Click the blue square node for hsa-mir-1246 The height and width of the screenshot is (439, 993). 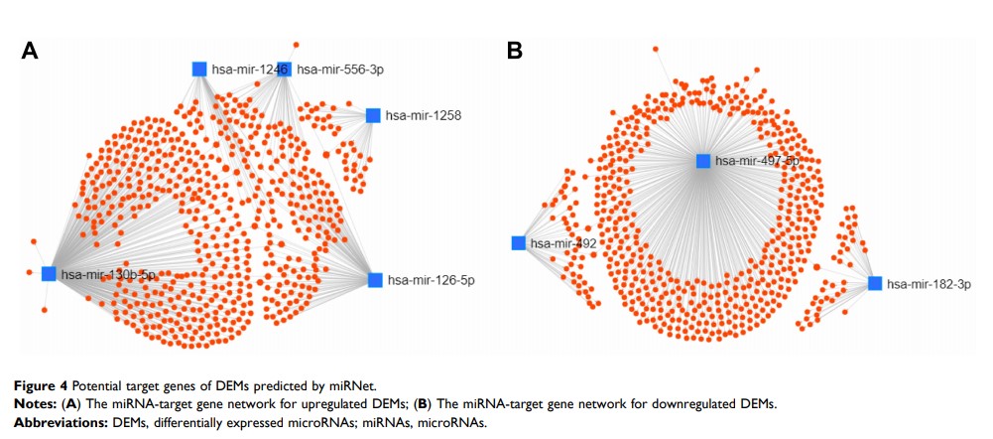[x=199, y=69]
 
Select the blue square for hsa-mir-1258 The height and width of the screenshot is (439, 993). [x=373, y=115]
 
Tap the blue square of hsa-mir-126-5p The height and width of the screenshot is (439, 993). [x=375, y=280]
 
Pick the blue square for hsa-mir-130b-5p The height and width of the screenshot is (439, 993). [x=49, y=274]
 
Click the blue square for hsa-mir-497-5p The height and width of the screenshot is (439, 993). [x=703, y=161]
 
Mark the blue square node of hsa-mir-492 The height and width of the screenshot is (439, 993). [x=518, y=243]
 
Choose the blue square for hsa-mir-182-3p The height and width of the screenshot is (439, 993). [x=875, y=284]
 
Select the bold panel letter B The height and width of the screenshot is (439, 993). [x=516, y=50]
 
